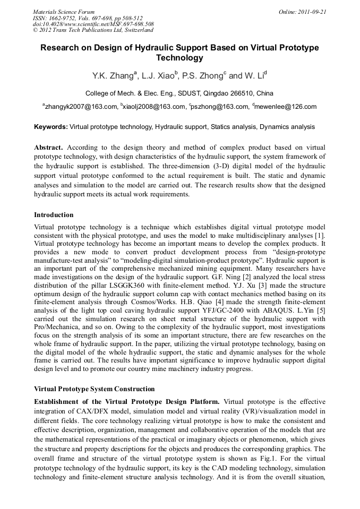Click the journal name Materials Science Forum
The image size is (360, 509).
click(x=64, y=11)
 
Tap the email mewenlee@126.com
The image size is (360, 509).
click(x=287, y=107)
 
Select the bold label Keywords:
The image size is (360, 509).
click(x=51, y=127)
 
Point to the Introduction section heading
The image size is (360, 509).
click(x=54, y=215)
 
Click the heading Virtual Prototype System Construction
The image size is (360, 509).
click(x=94, y=389)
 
